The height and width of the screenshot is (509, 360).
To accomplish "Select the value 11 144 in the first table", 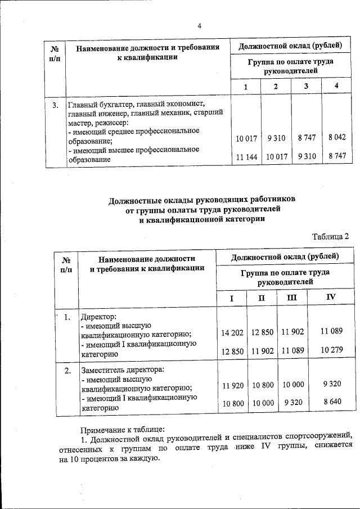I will click(x=246, y=157).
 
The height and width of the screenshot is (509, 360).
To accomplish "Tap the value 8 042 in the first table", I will click(x=336, y=137).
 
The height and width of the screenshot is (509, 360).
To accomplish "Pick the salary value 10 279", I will click(x=331, y=350).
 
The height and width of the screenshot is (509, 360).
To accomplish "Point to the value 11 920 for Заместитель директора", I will click(x=233, y=386).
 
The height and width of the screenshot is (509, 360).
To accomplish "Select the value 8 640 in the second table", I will click(x=332, y=403).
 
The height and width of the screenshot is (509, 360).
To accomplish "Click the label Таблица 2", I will click(x=331, y=236).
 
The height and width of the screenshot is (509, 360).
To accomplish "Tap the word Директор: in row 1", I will click(x=98, y=317).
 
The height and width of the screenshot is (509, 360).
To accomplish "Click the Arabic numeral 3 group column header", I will click(x=306, y=86).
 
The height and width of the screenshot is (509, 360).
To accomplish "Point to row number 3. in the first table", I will click(x=55, y=105).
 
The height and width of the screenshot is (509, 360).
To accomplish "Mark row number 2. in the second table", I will click(x=67, y=371).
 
